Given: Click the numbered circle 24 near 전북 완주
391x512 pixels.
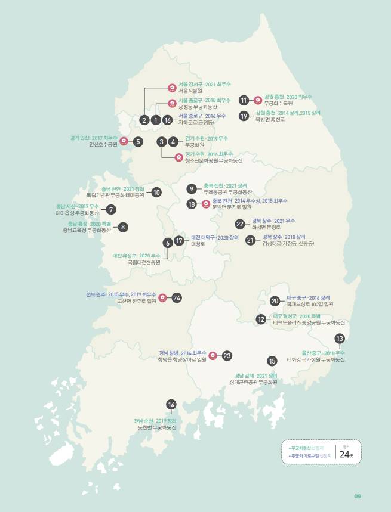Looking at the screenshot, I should point(177,297).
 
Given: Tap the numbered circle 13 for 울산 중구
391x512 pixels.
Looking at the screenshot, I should point(340,339).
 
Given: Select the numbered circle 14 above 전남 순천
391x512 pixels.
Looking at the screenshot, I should point(171,405).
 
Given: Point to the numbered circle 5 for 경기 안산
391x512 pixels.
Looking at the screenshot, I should point(138,142).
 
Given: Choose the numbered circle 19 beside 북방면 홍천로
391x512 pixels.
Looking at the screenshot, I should point(244,116).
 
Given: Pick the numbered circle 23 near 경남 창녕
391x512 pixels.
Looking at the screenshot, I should point(227,355).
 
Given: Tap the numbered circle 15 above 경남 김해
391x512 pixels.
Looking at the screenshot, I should point(272,361).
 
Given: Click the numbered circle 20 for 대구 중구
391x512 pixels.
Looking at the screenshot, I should point(275,300).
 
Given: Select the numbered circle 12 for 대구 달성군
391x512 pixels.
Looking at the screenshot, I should point(261,319).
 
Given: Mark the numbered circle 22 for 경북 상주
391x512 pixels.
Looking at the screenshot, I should point(240,224).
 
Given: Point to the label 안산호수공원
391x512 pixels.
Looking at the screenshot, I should point(103,144).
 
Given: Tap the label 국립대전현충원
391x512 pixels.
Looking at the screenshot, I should point(144,262).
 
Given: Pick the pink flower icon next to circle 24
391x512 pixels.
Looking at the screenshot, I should point(162,297).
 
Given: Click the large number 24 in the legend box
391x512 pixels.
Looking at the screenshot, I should point(346,454).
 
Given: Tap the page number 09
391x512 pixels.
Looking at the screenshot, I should point(358,496).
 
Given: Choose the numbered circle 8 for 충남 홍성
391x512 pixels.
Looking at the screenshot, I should point(123,226).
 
